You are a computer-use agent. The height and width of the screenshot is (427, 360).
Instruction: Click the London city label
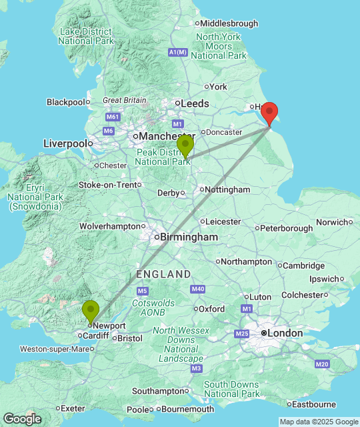[x=285, y=333]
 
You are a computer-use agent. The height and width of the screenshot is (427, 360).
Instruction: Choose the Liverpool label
[x=65, y=143]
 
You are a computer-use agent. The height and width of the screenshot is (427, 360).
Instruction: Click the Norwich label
[x=331, y=222]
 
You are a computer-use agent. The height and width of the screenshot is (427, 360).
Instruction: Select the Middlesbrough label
[x=229, y=23]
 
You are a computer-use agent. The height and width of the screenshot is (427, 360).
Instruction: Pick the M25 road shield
[x=241, y=333]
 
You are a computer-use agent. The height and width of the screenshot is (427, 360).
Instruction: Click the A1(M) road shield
[x=178, y=52]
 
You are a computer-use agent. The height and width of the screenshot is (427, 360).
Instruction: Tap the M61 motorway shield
[x=111, y=117]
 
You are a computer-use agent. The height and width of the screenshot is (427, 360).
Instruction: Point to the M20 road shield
[x=323, y=364]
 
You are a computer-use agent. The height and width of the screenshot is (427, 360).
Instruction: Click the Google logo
[x=21, y=419]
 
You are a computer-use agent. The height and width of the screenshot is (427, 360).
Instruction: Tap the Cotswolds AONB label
[x=153, y=308]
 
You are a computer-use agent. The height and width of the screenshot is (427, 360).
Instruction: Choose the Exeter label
[x=73, y=408]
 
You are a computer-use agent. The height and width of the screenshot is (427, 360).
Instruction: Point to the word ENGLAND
[x=163, y=274]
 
